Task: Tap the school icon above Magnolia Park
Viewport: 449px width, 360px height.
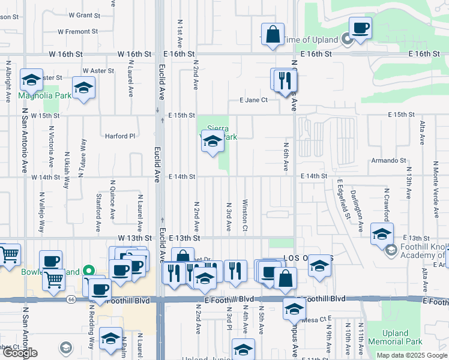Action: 84,88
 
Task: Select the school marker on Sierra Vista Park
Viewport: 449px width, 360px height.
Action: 212,142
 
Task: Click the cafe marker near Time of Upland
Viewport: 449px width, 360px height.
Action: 360,28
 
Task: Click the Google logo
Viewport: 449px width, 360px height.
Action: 20,353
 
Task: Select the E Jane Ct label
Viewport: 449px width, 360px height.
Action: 253,100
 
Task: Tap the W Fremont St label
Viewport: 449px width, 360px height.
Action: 78,31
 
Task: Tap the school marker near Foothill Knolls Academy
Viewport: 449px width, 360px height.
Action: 381,235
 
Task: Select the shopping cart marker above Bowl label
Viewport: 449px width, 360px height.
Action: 54,278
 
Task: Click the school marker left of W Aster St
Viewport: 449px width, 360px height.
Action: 31,80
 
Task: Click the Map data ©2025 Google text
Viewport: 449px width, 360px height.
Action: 412,355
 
